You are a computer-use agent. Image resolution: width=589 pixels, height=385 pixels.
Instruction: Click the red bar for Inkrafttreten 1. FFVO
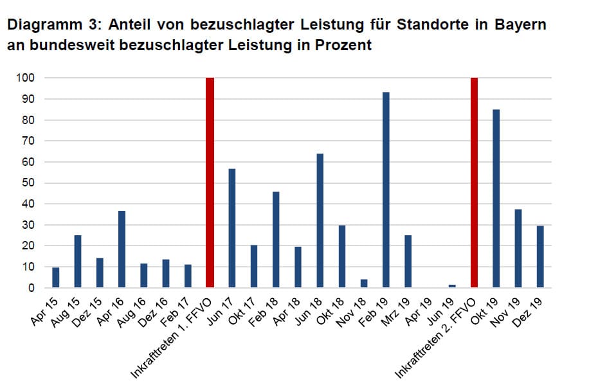click(x=210, y=183)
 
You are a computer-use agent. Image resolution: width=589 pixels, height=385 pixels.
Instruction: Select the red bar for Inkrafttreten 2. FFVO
click(x=475, y=183)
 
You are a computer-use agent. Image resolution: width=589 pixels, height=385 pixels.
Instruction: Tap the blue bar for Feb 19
click(x=386, y=190)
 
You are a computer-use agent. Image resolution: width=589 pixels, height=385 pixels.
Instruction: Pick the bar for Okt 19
click(x=496, y=199)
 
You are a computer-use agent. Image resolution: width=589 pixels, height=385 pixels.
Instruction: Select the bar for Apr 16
click(x=122, y=249)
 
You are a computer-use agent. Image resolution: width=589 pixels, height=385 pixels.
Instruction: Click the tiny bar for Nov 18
click(x=364, y=283)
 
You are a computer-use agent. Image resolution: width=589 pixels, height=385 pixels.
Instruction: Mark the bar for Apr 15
click(x=55, y=278)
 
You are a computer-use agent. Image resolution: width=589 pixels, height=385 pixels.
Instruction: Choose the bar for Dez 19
click(x=540, y=256)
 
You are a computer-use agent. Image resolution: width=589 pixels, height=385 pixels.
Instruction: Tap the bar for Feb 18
click(x=276, y=240)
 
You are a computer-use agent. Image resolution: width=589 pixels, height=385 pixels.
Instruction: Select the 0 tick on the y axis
click(x=31, y=288)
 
